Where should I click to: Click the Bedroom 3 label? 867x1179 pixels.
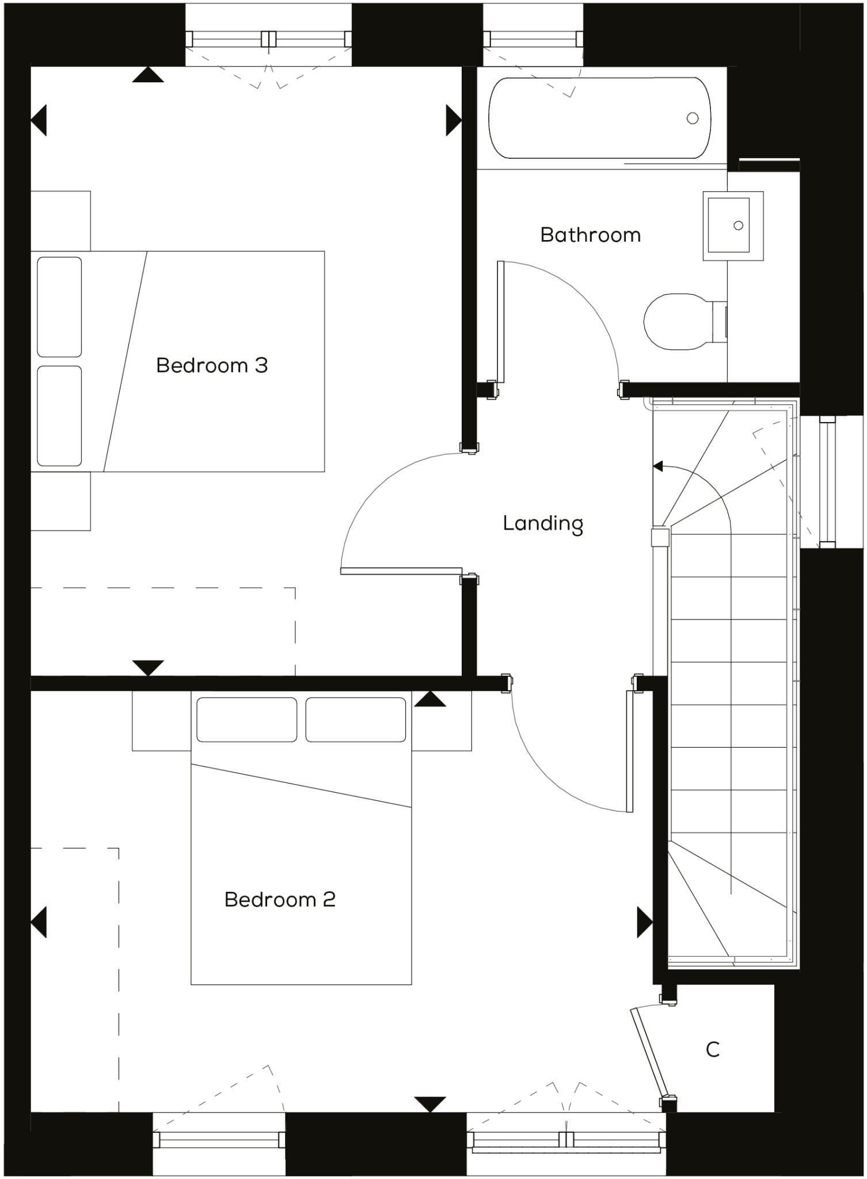[212, 366]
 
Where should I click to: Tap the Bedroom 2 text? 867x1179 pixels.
[280, 899]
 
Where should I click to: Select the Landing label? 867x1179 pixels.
[543, 523]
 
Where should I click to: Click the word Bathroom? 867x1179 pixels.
[590, 235]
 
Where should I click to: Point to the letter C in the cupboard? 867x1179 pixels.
[713, 1049]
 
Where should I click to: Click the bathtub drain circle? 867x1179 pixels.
[693, 118]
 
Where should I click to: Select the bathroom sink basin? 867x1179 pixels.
[729, 225]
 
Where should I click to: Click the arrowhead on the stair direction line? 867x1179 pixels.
[657, 466]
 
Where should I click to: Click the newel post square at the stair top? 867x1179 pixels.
[660, 538]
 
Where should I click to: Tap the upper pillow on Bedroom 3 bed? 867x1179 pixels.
[59, 307]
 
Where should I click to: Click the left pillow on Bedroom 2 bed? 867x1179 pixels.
[247, 720]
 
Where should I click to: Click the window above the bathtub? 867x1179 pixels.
[532, 39]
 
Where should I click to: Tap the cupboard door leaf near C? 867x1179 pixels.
[649, 1051]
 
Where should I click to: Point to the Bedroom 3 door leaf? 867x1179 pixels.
[401, 571]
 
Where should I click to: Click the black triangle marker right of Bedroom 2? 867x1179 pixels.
[644, 922]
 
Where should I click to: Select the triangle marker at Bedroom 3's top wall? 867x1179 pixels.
[148, 75]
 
